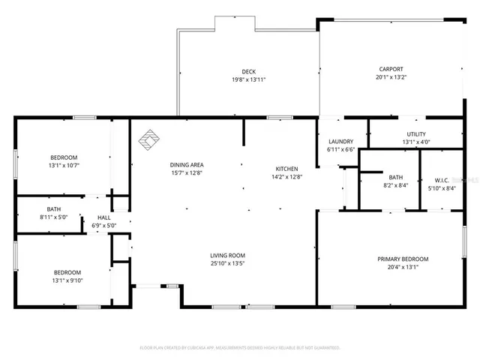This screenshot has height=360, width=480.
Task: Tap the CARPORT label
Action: tap(390, 69)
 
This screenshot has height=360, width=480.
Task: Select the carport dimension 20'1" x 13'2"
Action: tap(390, 77)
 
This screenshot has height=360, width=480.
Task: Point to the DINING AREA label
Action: tap(187, 165)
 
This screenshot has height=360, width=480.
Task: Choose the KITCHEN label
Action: tap(286, 169)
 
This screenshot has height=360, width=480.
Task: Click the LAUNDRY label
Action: tap(341, 141)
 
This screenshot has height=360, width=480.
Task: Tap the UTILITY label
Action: tap(416, 133)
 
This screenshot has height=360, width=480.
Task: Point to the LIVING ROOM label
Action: tap(227, 256)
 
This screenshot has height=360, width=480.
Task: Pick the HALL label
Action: tap(104, 217)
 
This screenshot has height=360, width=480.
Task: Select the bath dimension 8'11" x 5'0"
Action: tap(54, 217)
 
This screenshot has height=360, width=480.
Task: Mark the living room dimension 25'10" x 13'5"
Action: tap(227, 264)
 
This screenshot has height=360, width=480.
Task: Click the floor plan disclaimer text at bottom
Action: tap(240, 348)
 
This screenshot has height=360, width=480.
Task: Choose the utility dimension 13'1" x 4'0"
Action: tap(416, 142)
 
